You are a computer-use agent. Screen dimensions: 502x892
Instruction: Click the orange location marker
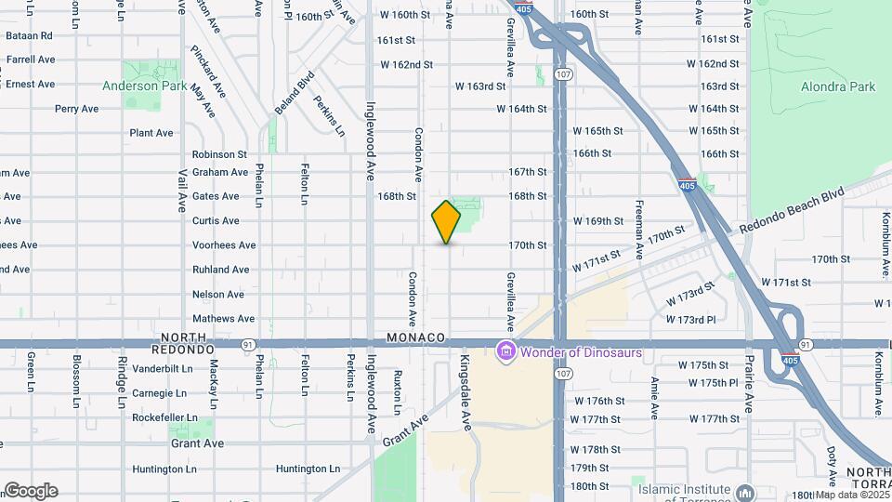pyautogui.click(x=446, y=221)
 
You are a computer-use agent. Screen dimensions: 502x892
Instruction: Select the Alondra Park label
pyautogui.click(x=837, y=87)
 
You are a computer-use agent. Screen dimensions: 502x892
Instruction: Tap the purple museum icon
pyautogui.click(x=505, y=352)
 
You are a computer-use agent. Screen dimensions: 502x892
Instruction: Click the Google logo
pyautogui.click(x=31, y=491)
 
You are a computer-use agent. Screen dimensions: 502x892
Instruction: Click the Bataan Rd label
pyautogui.click(x=29, y=35)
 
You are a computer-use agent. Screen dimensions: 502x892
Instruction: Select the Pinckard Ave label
pyautogui.click(x=208, y=72)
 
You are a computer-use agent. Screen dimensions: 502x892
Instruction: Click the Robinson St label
pyautogui.click(x=219, y=154)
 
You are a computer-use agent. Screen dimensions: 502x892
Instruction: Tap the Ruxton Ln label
pyautogui.click(x=397, y=393)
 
